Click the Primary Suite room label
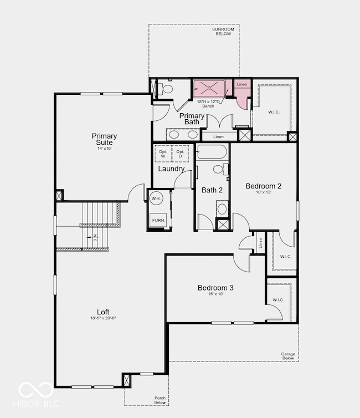[104, 139]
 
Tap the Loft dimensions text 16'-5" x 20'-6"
[103, 318]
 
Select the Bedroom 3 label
[215, 288]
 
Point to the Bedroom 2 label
[264, 186]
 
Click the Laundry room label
[171, 169]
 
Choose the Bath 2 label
[212, 190]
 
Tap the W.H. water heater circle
[156, 199]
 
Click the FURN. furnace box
[158, 220]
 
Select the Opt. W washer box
[163, 154]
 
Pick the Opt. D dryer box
[180, 154]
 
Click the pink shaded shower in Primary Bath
[208, 88]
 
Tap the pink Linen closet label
[241, 84]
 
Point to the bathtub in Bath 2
[212, 152]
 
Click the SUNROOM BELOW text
[223, 32]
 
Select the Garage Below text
[287, 356]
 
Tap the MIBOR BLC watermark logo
[39, 395]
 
